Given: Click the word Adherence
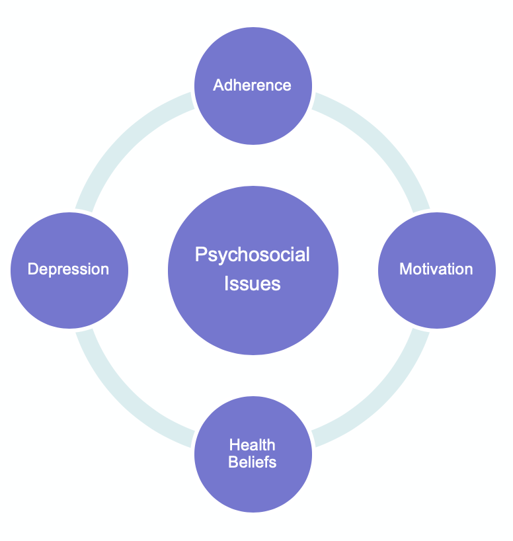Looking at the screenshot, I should point(252,85).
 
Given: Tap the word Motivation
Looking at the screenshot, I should point(436,269).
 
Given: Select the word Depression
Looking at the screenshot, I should point(68,269).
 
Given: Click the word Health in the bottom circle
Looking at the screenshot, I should point(252,445).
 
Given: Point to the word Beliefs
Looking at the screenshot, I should point(252,461).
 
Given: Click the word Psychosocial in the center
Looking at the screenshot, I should point(252,255).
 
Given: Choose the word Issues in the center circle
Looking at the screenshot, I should point(252,284).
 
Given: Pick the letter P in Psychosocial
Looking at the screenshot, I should point(200,255).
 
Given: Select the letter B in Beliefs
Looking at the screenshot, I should point(233,461).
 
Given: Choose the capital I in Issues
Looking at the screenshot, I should point(227,284).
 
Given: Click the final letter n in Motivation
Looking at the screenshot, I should point(469,270).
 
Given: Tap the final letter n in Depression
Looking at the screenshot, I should point(104,270).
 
